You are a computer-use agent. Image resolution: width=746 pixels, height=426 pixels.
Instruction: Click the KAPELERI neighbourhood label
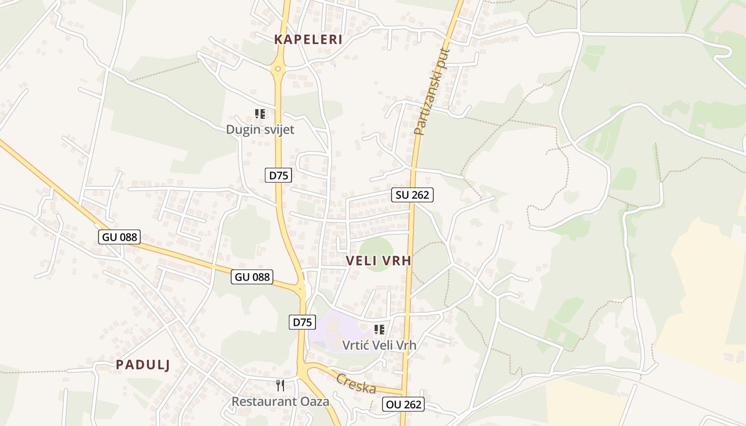[x=308, y=39]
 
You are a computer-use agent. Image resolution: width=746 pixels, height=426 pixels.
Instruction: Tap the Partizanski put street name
[x=432, y=92]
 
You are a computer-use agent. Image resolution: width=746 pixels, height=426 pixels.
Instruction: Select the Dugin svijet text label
[x=260, y=129]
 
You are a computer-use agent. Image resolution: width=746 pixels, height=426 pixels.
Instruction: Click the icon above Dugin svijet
[x=260, y=113]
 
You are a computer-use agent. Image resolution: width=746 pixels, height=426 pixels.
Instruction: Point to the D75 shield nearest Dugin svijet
[x=278, y=175]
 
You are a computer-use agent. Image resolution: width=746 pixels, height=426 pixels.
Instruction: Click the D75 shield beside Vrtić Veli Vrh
[x=302, y=322]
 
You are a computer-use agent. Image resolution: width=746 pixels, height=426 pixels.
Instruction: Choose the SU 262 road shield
[x=412, y=195]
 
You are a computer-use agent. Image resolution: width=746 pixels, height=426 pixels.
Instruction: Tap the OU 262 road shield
[x=403, y=405]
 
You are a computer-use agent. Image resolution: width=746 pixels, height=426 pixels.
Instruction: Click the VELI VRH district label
[x=378, y=261]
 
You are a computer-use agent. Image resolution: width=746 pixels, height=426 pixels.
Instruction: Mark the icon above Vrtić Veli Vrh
[x=379, y=330]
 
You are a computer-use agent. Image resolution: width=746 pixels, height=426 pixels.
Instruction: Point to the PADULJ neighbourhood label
[x=143, y=365]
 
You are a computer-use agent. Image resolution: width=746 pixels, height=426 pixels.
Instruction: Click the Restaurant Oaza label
[x=280, y=401]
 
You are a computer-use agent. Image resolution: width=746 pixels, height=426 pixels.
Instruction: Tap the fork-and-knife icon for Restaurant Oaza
[x=280, y=385]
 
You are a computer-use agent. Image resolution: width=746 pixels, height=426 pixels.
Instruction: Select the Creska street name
[x=356, y=384]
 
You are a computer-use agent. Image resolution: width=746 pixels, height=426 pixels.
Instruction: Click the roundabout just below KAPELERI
[x=277, y=68]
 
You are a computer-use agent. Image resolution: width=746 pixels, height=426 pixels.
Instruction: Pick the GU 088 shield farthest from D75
[x=119, y=237]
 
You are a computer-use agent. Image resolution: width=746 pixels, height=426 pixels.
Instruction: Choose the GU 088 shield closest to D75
[x=252, y=277]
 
